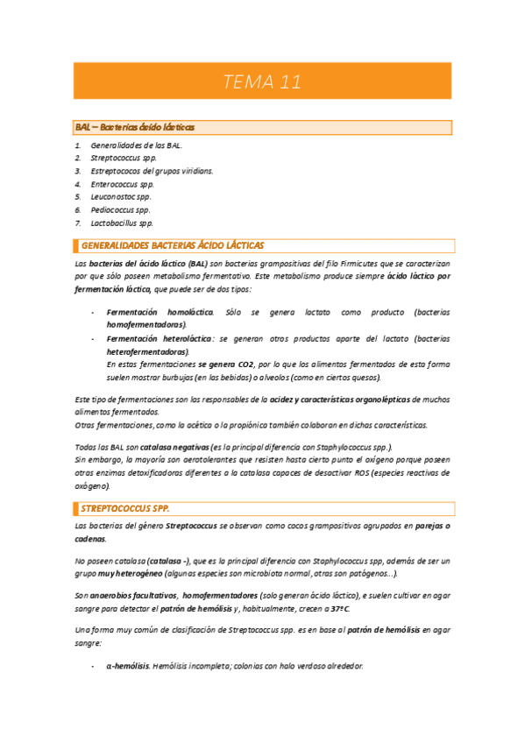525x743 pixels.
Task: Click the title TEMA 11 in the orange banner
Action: pyautogui.click(x=262, y=83)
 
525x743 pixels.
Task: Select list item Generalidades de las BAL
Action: pyautogui.click(x=137, y=145)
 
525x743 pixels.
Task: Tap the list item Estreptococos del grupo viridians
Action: pyautogui.click(x=152, y=171)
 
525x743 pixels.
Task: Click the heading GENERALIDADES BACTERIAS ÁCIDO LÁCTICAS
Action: pyautogui.click(x=172, y=245)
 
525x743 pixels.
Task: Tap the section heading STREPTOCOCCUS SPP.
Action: pyautogui.click(x=124, y=507)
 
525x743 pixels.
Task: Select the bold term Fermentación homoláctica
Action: pyautogui.click(x=160, y=312)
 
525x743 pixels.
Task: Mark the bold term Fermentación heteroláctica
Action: pyautogui.click(x=160, y=338)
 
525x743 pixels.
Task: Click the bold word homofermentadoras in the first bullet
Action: pyautogui.click(x=145, y=324)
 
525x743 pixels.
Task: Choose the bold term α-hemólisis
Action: pyautogui.click(x=128, y=666)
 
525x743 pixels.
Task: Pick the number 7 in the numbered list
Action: pyautogui.click(x=78, y=223)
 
